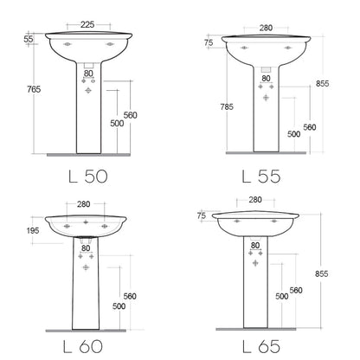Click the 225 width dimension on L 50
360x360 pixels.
click(87, 24)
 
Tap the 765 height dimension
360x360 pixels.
click(34, 89)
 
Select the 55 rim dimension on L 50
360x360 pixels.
click(29, 39)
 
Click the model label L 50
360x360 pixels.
click(88, 176)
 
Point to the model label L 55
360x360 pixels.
click(261, 177)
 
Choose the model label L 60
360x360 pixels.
click(83, 346)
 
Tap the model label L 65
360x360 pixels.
click(261, 346)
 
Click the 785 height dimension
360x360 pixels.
click(227, 106)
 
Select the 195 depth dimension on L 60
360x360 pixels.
click(33, 230)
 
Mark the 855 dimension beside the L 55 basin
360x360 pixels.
click(322, 83)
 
